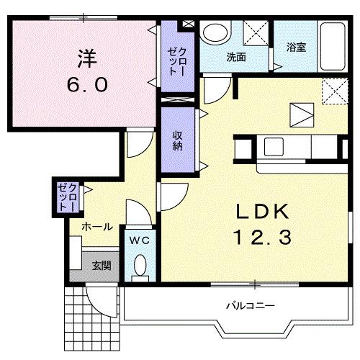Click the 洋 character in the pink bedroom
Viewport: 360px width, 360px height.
click(87, 58)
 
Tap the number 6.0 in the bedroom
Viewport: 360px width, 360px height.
click(87, 85)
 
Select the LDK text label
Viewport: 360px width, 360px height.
click(262, 211)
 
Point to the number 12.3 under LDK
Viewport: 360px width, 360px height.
click(262, 237)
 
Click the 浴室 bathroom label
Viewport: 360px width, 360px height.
click(296, 47)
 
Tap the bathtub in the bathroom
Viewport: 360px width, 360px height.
click(333, 46)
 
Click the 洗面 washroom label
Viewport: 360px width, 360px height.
click(236, 57)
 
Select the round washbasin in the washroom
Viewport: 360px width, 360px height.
click(215, 33)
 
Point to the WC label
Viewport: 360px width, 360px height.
click(140, 240)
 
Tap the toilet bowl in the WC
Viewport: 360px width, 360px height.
click(140, 265)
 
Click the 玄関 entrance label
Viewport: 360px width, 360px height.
click(102, 266)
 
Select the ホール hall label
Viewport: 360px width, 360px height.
click(97, 227)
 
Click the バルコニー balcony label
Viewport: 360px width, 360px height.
click(251, 306)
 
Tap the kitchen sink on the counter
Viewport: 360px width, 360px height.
click(274, 146)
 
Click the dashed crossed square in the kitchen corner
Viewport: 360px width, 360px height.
click(335, 91)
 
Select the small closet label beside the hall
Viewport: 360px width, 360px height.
click(68, 197)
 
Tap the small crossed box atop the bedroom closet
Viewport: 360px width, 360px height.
click(189, 24)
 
